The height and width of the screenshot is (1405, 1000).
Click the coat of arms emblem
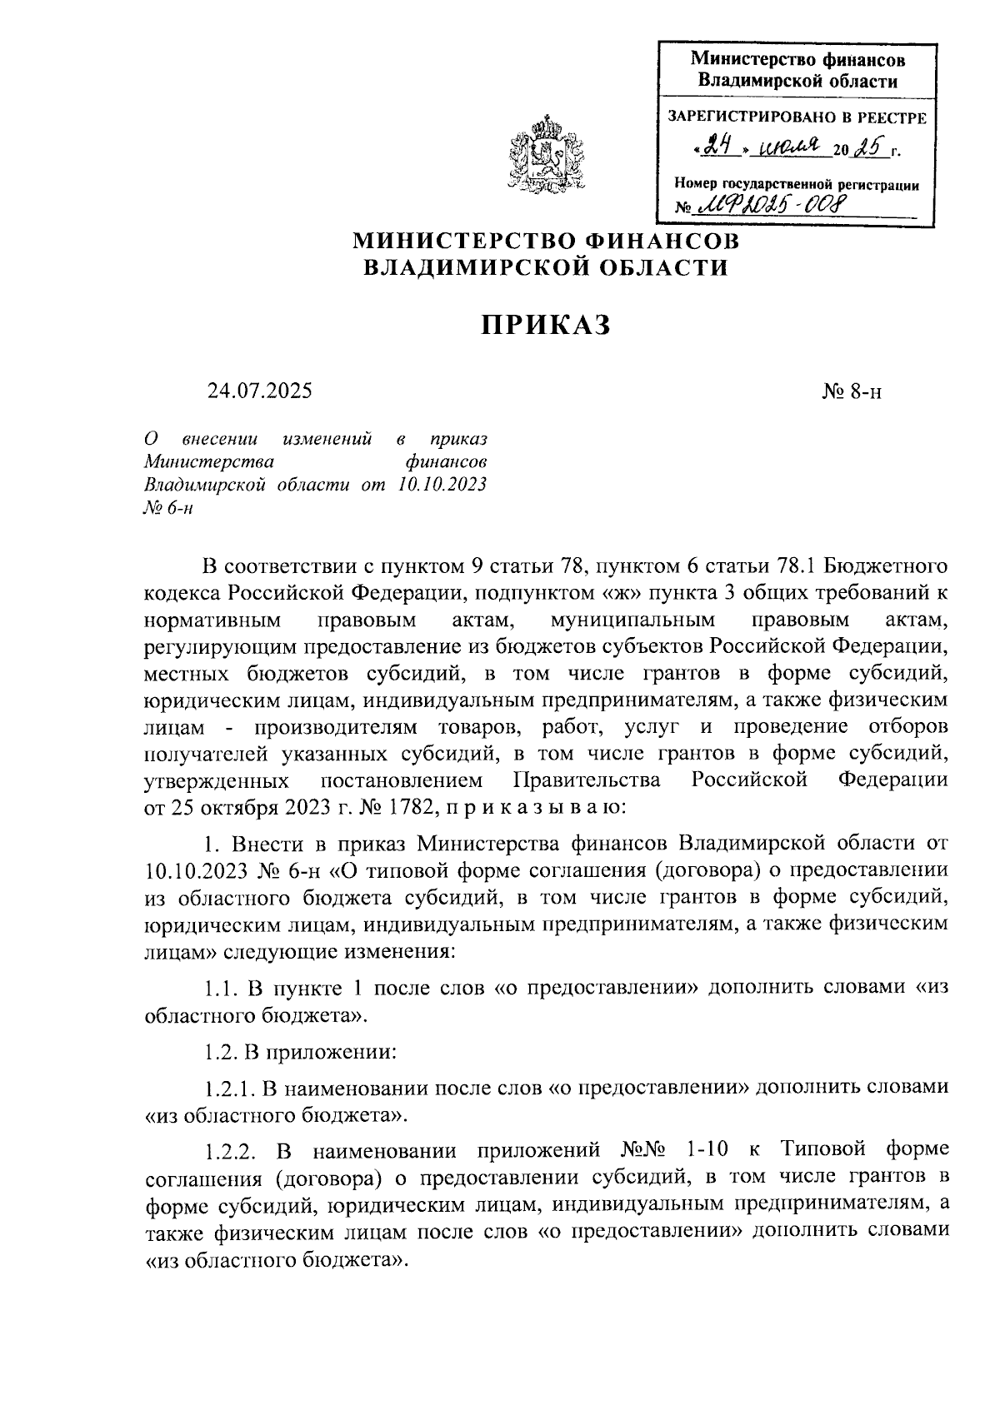(x=546, y=154)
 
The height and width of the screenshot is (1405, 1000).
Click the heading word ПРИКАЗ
(x=545, y=325)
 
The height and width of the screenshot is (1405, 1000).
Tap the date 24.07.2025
(x=260, y=390)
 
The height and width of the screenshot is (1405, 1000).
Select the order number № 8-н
(x=851, y=391)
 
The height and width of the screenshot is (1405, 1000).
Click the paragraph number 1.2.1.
(x=228, y=1087)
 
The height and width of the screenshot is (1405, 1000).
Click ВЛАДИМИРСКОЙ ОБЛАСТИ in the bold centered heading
(x=546, y=267)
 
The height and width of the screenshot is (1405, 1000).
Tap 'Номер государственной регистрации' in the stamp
(x=796, y=186)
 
